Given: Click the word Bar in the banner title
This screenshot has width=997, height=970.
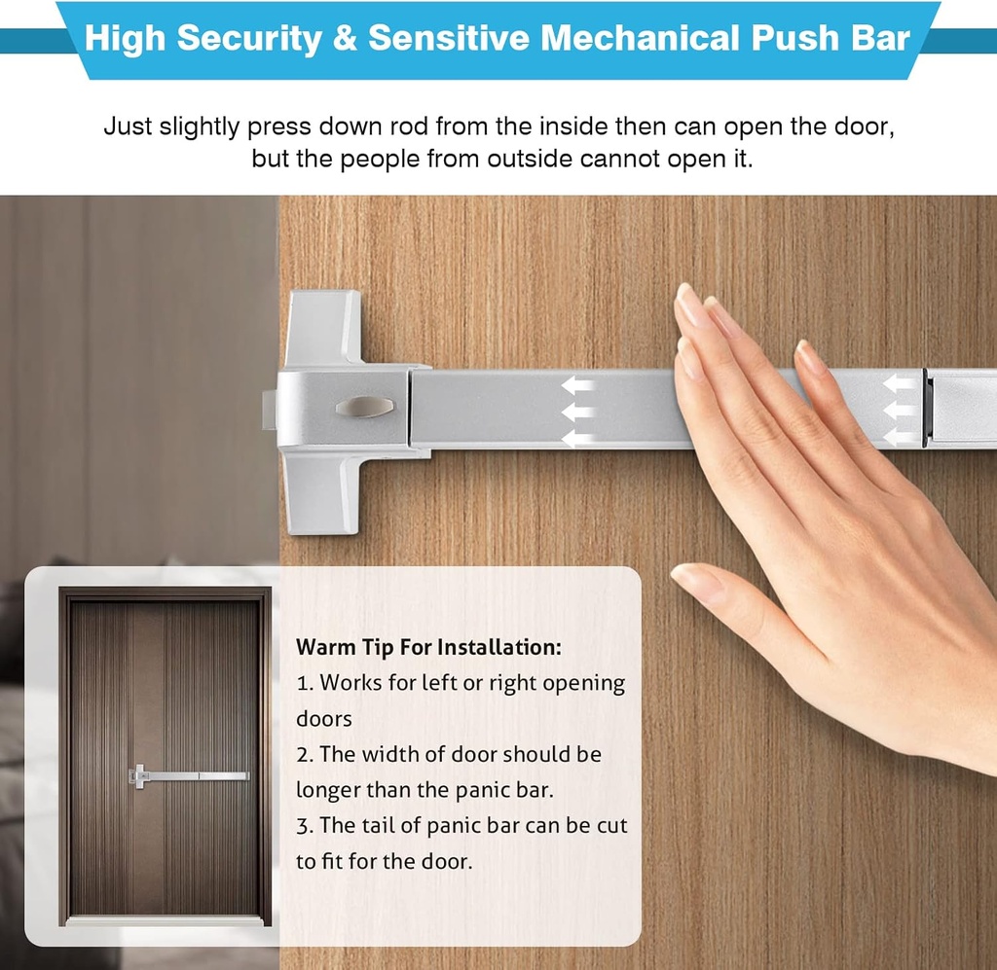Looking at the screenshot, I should tap(882, 38).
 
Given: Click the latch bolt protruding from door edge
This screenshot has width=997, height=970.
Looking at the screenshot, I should tap(269, 408).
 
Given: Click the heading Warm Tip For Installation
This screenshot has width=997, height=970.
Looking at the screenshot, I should tap(428, 647).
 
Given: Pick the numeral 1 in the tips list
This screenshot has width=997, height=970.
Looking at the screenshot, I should tap(301, 683).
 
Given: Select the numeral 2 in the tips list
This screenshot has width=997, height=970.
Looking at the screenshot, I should tap(302, 755).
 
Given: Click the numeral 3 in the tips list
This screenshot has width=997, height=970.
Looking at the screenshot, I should tap(302, 826).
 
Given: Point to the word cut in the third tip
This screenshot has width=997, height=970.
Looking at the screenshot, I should tap(608, 826).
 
